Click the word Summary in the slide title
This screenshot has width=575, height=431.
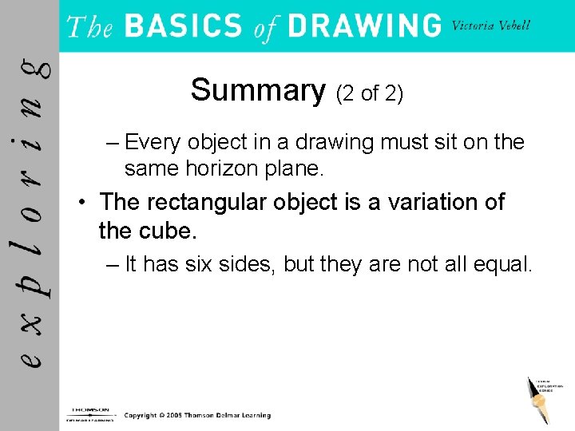click(x=257, y=91)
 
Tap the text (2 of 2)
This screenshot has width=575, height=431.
click(x=370, y=94)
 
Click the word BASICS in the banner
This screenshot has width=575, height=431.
click(x=183, y=26)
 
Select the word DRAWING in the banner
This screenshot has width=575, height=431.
click(x=363, y=26)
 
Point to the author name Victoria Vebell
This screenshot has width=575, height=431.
click(x=490, y=25)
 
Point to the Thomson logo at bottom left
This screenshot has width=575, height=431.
click(x=89, y=413)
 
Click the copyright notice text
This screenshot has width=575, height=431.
click(x=197, y=416)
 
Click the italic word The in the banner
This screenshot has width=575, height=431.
click(x=89, y=27)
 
